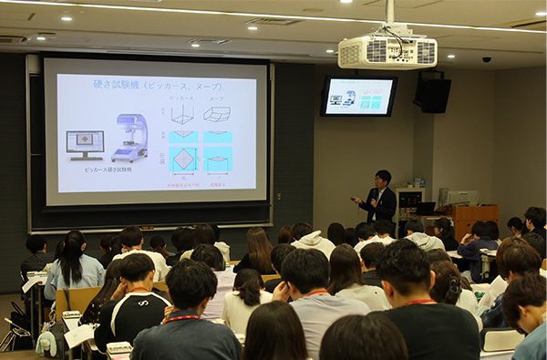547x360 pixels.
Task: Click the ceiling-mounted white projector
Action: [387, 52]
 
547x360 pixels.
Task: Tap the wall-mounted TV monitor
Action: [358, 96]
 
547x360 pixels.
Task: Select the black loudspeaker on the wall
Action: [433, 93]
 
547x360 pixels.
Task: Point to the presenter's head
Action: [383, 178]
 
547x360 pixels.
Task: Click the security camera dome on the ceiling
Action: [486, 59]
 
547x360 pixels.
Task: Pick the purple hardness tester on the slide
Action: [131, 138]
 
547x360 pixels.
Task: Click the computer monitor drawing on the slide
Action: [85, 143]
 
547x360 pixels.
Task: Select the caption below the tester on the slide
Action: [108, 170]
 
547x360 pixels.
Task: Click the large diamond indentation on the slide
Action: [182, 159]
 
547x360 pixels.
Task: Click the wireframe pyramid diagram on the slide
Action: [182, 114]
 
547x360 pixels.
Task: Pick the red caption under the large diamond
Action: [182, 184]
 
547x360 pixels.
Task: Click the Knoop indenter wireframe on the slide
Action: [216, 114]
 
